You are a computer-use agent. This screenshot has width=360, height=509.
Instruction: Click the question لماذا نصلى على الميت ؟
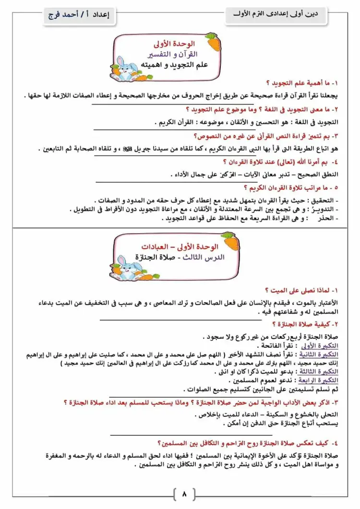point(299,291)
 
